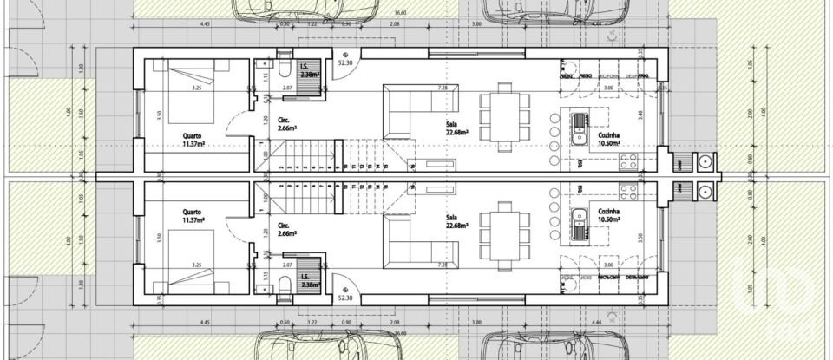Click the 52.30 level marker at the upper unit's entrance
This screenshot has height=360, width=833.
click(x=345, y=63)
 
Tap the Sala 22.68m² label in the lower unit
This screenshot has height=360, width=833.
click(x=456, y=222)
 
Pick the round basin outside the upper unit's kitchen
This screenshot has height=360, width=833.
click(x=705, y=161)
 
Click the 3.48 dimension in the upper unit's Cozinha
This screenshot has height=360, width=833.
click(x=640, y=114)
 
